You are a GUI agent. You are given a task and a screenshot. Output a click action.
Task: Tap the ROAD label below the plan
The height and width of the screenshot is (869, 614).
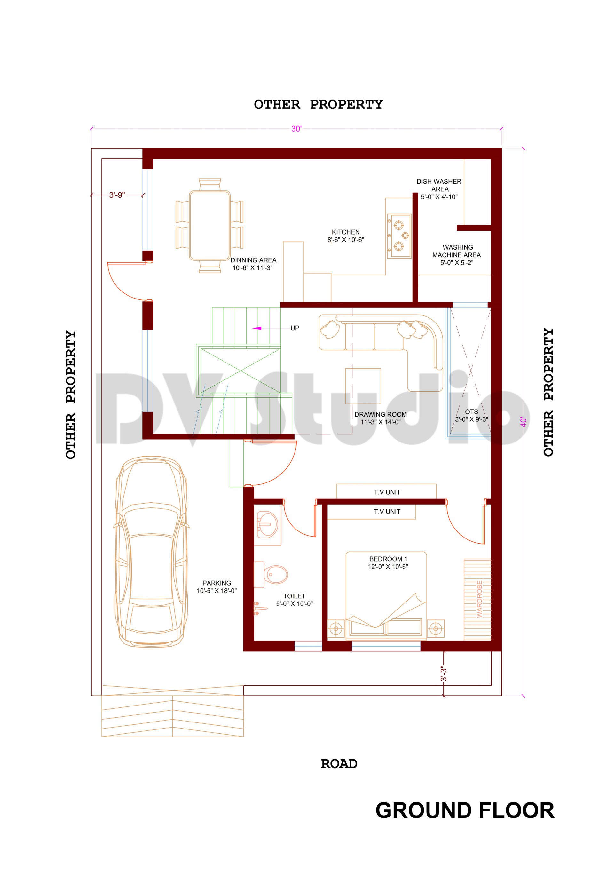[339, 764]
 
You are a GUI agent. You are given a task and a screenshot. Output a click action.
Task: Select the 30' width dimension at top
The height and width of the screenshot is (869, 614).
[296, 129]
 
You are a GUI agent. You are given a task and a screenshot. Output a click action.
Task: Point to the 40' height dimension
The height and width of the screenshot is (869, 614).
[523, 422]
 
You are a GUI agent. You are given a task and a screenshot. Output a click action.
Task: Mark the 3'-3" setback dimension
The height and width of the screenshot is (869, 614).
[444, 674]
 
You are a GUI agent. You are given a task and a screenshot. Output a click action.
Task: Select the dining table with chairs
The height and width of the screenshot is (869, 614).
[209, 226]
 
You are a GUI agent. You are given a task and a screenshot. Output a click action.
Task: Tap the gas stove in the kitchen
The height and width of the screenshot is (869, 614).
[399, 236]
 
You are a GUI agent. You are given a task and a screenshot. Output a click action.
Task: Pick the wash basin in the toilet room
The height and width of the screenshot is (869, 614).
[267, 525]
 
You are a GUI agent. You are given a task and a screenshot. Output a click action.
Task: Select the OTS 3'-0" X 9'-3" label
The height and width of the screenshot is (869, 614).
[471, 415]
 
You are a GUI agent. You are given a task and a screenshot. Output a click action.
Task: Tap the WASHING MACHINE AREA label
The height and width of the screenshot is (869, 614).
[457, 255]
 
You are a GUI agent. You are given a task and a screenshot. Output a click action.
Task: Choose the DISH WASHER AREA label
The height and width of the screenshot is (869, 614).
[439, 189]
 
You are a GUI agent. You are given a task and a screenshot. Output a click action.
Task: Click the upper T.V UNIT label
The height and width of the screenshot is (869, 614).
[387, 492]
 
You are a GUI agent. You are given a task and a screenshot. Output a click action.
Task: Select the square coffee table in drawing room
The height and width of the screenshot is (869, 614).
[363, 386]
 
